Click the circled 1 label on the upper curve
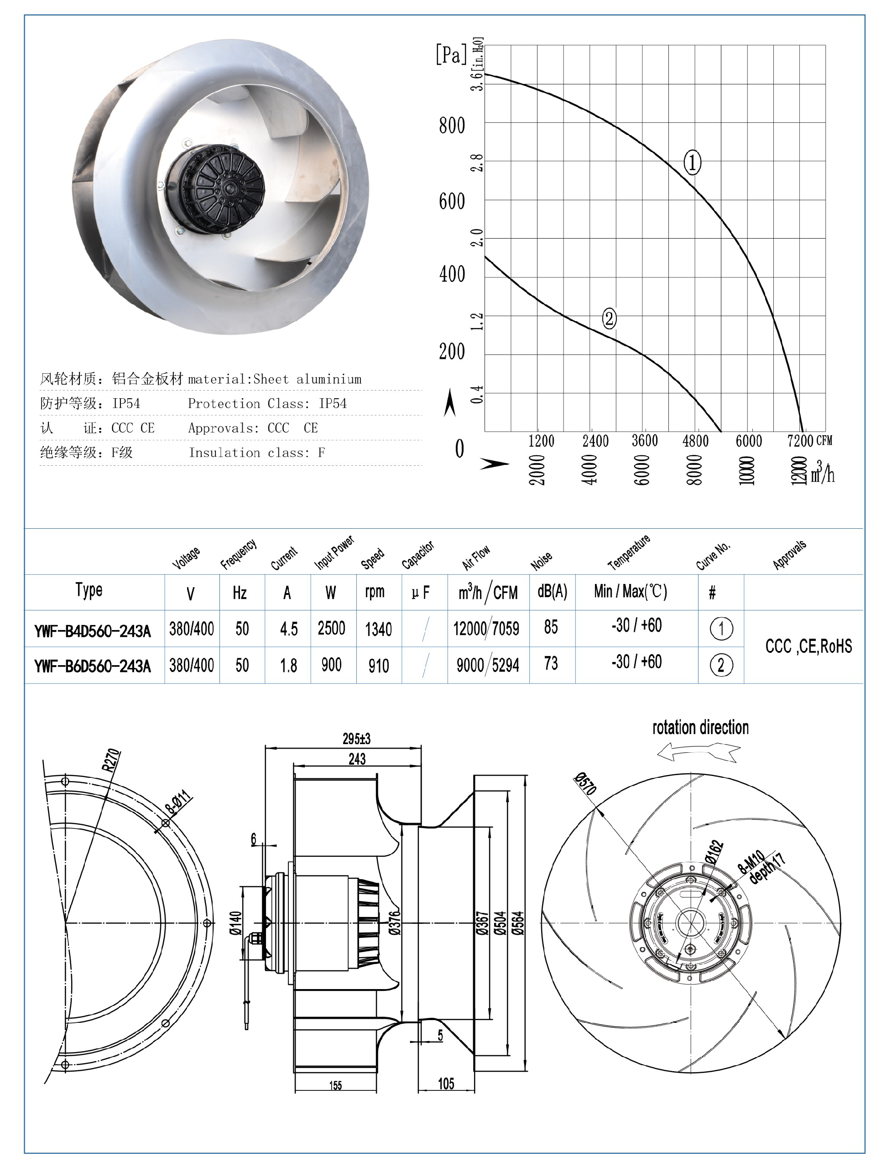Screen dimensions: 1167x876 point(692,162)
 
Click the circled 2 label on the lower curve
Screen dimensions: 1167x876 point(609,318)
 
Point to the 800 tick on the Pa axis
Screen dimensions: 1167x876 point(452,125)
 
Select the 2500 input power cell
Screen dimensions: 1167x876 point(331,628)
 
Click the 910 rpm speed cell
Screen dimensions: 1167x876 point(378,666)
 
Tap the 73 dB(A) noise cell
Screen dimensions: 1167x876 point(551,664)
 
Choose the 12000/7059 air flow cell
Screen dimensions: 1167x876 point(486,628)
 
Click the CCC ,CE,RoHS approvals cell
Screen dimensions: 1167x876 point(808,646)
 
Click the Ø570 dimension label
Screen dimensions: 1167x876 point(585,783)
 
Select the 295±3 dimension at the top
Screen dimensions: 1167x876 point(356,739)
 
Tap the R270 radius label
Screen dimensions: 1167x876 point(111,760)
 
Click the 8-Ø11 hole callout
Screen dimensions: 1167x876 point(177,802)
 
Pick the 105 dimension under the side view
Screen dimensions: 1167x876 point(446,1084)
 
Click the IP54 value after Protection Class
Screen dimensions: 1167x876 point(333,404)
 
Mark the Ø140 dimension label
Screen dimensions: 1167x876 point(235,923)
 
